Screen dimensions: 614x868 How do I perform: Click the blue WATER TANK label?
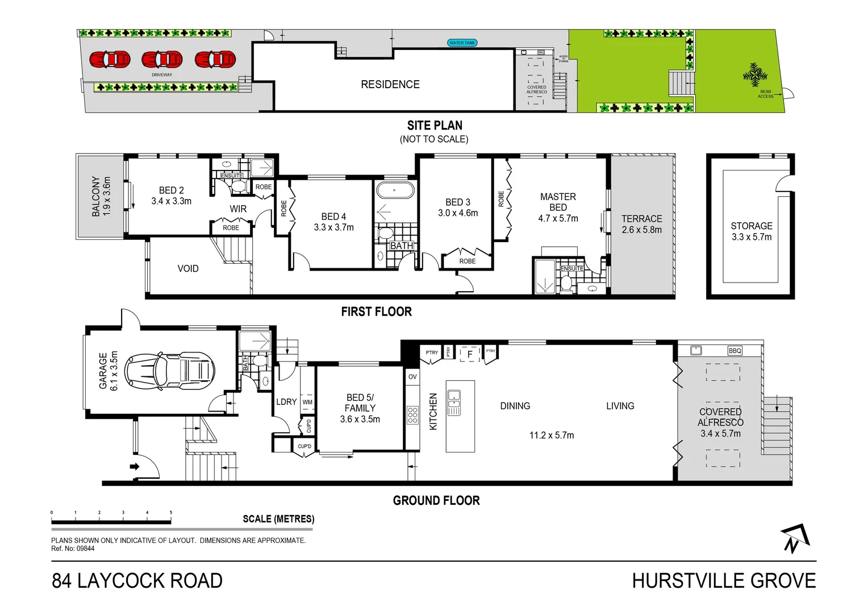(x=462, y=43)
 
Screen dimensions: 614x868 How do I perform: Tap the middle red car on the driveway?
(x=162, y=59)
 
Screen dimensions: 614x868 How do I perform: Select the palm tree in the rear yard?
(x=755, y=74)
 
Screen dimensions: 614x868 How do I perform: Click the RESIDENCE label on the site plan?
(x=390, y=84)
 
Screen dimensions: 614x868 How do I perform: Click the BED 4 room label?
(x=333, y=222)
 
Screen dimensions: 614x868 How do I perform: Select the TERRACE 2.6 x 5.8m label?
(x=641, y=224)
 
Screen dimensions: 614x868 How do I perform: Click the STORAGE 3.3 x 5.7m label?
(x=751, y=231)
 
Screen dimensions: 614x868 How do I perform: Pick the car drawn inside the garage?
(x=169, y=371)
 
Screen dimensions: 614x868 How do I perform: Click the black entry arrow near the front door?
(x=135, y=467)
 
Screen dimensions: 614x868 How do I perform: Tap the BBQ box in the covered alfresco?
(x=735, y=351)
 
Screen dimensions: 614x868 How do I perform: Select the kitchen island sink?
(x=454, y=402)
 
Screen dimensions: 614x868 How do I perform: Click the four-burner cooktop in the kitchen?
(x=412, y=415)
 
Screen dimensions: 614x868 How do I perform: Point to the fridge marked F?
(x=470, y=354)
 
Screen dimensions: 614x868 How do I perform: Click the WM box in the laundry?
(x=307, y=402)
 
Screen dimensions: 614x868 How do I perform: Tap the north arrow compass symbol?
(x=795, y=538)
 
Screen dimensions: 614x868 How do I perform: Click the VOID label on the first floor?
(x=188, y=268)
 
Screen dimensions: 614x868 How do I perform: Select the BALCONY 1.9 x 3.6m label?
(x=101, y=196)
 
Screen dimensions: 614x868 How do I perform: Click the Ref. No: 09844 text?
(x=73, y=549)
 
